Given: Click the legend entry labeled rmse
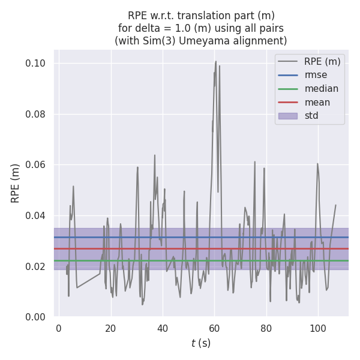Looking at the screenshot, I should coord(316,75).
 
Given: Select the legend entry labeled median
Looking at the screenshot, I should coord(321,89).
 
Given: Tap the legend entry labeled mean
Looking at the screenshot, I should coord(317,102).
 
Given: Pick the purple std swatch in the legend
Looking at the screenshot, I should coord(288,116).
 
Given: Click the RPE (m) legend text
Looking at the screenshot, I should coord(322,61).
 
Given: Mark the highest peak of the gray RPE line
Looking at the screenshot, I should coord(216,61).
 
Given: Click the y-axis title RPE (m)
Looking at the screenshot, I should coord(16,183).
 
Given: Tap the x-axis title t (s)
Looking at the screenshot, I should coord(201,344).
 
